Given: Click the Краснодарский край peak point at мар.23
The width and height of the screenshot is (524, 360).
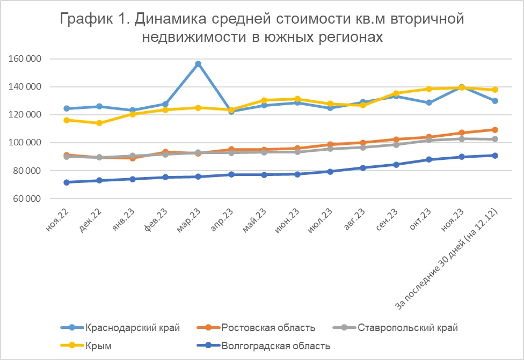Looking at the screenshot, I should [198, 64].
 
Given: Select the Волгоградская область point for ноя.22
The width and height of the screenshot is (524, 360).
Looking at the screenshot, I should [67, 182].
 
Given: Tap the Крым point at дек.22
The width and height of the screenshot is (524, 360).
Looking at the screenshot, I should [99, 123].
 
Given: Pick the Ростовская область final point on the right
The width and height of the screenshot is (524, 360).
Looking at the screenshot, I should [494, 130].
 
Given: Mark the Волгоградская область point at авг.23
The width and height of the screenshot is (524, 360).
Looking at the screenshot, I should [363, 168].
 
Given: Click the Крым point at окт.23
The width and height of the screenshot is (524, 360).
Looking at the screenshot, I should [429, 89].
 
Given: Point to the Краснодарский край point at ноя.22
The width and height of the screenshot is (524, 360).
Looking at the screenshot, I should [67, 109].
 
